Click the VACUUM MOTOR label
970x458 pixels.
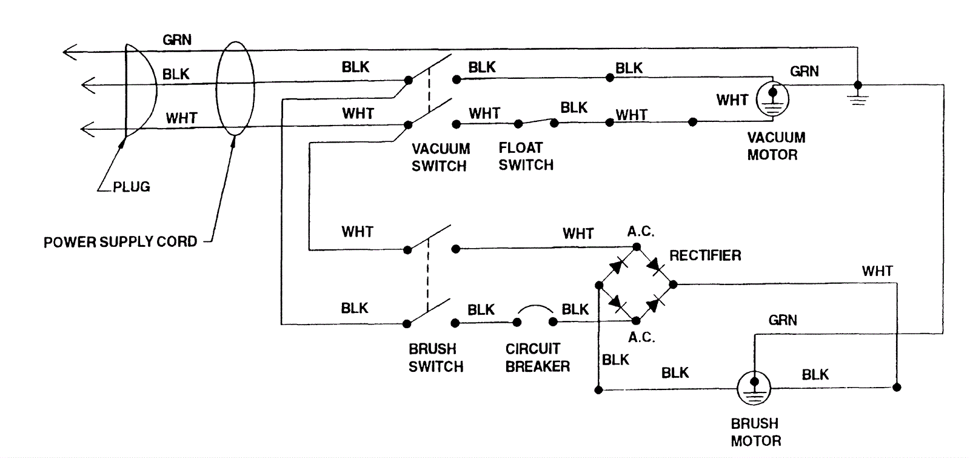coord(775,146)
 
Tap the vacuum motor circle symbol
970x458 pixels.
coord(772,99)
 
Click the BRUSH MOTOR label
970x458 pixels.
coord(755,432)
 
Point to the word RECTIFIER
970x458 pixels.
coord(705,255)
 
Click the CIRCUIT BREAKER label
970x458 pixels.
coord(537,357)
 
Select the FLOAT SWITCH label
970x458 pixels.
coord(526,157)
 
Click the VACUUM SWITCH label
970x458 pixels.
coord(440,157)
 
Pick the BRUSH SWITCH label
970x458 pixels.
coord(435,357)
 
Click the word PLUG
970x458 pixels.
coord(131,187)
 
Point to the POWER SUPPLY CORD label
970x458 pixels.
coord(120,241)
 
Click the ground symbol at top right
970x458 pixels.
coord(857,96)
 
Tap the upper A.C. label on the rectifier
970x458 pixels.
coord(640,232)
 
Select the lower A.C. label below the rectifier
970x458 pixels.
coord(641,337)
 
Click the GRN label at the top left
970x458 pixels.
coord(177,40)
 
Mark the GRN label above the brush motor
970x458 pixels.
coord(782,320)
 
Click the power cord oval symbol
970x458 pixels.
coord(235,89)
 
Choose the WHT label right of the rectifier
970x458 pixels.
coord(877,271)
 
